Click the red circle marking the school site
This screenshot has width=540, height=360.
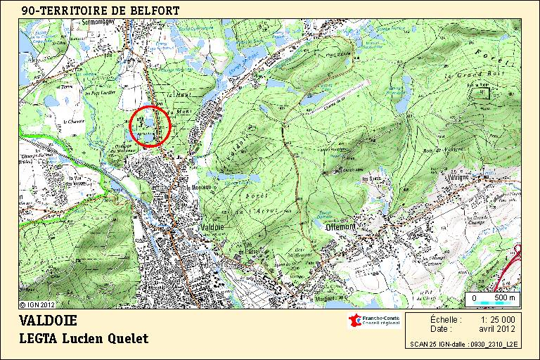149,127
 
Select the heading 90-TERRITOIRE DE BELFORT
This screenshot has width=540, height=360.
100,11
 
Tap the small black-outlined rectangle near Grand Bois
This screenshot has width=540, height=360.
482,92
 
